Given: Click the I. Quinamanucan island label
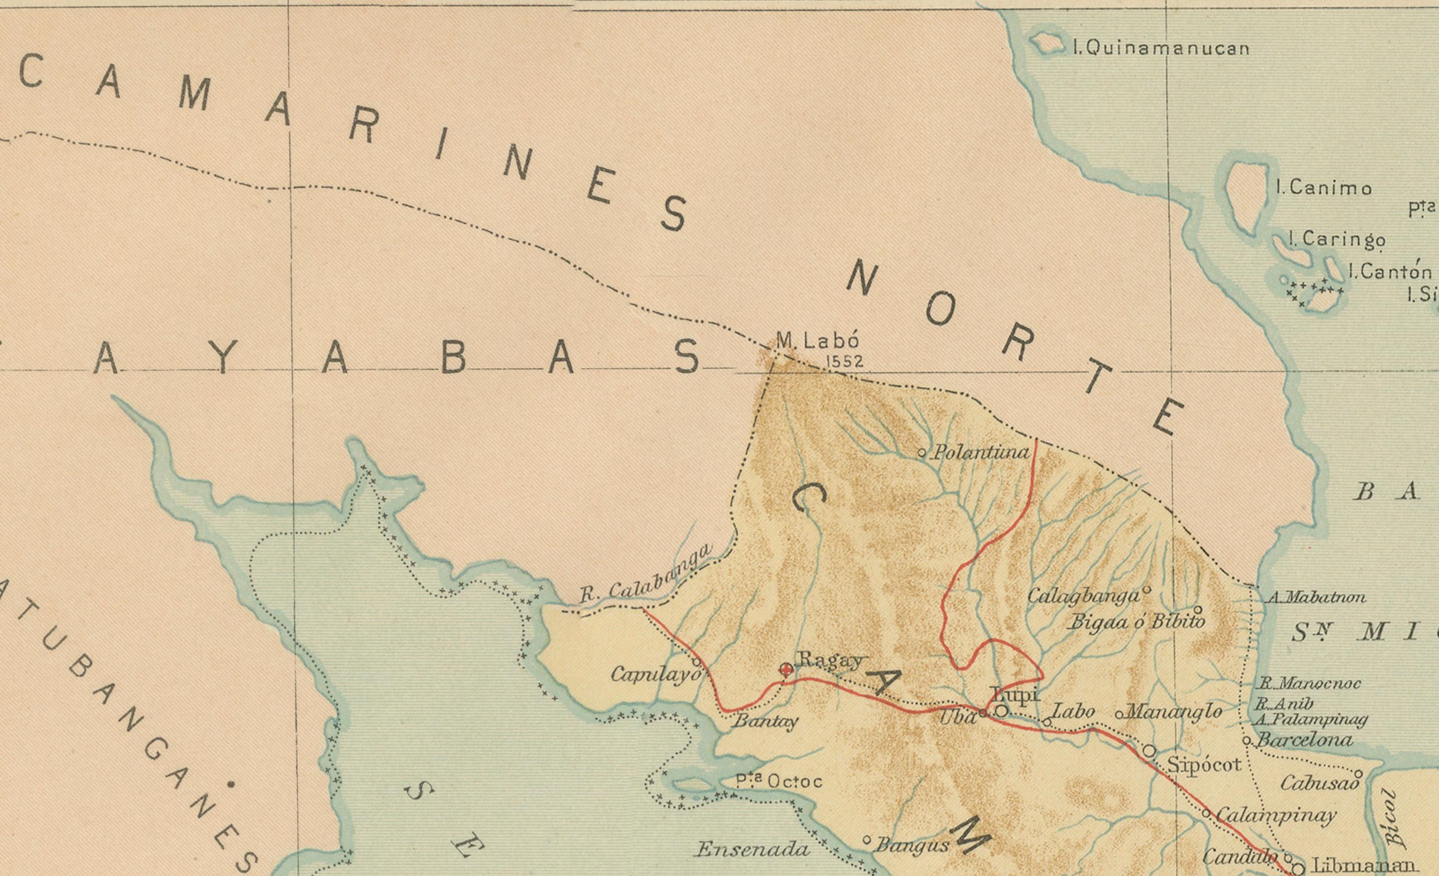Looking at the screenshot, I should [x=1161, y=48].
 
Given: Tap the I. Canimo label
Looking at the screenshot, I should [x=1323, y=188].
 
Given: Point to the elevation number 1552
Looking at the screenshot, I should [x=844, y=362].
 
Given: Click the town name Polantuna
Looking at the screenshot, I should [x=981, y=453].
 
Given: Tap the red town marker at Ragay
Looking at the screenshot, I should [x=786, y=669].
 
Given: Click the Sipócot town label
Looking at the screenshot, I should [x=1204, y=764].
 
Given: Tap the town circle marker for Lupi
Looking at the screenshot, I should [x=1001, y=711].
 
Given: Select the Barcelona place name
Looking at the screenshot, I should [x=1304, y=740].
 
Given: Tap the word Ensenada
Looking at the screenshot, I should [x=752, y=849].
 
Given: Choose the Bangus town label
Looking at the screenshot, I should [x=912, y=845].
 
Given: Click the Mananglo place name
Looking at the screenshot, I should [x=1173, y=711].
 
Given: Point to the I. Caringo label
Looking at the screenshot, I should [x=1336, y=239].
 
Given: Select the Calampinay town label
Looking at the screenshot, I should [x=1276, y=815].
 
